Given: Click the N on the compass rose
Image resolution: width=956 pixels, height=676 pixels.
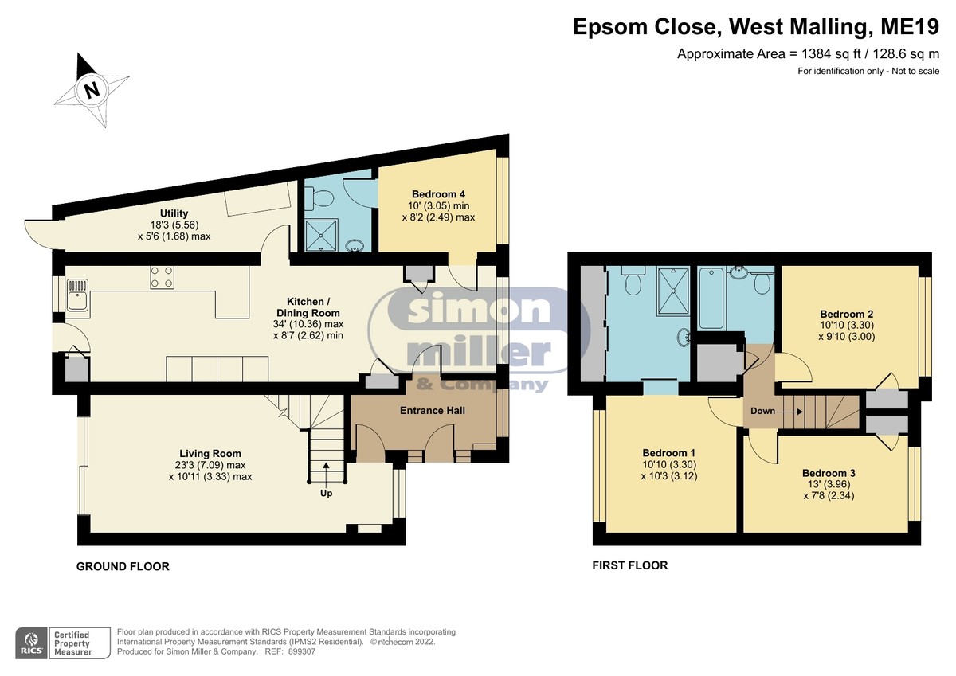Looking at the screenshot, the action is [92, 90].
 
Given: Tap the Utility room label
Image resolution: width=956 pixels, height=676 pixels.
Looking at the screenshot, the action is [174, 213].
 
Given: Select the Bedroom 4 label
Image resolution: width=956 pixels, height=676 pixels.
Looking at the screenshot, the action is [438, 194].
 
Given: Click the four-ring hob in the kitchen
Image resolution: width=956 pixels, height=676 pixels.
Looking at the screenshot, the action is [163, 277].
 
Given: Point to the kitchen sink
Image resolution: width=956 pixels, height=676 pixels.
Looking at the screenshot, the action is [78, 295].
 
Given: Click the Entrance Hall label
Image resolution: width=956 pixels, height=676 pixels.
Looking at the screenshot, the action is [433, 410].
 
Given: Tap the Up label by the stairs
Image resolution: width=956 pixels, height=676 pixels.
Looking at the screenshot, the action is [327, 494].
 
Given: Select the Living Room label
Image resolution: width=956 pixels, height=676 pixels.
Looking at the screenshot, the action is [210, 453].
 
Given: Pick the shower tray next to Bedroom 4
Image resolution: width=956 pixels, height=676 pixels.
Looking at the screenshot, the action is [321, 235].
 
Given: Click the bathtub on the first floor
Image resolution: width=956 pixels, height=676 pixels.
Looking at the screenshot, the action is [711, 297].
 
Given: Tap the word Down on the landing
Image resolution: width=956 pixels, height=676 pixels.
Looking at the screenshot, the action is [762, 411].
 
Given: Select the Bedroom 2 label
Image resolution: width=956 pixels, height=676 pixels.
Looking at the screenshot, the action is [847, 314].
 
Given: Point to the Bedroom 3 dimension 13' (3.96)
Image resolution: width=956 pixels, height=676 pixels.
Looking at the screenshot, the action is [829, 484].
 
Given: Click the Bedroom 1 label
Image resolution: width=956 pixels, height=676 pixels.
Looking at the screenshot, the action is [668, 452].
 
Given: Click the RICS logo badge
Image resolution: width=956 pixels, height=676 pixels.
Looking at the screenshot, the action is [32, 643].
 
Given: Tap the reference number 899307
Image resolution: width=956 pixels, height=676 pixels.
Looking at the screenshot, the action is [302, 651].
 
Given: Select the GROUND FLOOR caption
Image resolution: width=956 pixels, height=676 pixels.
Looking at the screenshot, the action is [123, 566].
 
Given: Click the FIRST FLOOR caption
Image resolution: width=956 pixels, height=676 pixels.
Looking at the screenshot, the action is [630, 565].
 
